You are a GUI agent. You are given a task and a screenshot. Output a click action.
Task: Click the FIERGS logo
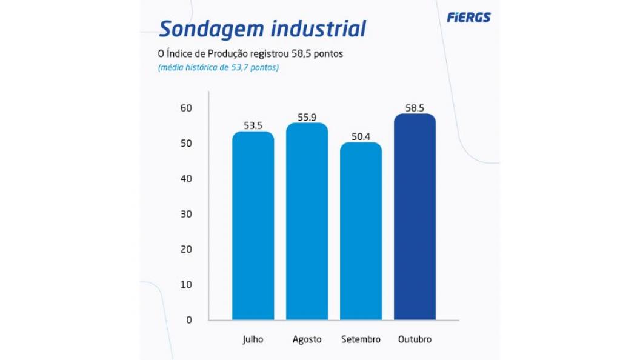[x=468, y=18]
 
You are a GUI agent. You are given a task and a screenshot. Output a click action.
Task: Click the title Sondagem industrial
[x=262, y=28]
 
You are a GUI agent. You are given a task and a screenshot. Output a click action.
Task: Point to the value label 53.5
[x=253, y=126]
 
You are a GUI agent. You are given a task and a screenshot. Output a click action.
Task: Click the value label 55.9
[x=307, y=118]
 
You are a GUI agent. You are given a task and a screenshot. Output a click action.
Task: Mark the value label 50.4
[x=361, y=137]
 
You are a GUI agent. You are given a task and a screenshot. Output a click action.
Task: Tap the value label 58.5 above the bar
[x=415, y=108]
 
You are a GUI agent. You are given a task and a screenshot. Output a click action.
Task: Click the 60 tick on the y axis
[x=185, y=108]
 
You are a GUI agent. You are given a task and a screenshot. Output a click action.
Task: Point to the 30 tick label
[x=185, y=215]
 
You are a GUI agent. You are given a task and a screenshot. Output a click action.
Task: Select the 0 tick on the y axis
[x=188, y=320]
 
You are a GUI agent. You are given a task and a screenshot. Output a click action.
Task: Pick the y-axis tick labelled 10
[x=185, y=285]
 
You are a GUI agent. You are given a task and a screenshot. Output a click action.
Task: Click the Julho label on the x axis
[x=253, y=339]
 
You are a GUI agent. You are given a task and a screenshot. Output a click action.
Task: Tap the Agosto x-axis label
[x=307, y=339]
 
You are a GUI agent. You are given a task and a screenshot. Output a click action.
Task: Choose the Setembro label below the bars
[x=361, y=339]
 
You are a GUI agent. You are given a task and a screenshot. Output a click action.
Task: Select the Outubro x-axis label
[x=415, y=339]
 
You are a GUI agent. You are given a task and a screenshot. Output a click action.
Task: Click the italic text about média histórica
[x=218, y=68]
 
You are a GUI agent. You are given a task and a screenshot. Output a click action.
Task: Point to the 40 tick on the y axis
[x=185, y=179]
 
